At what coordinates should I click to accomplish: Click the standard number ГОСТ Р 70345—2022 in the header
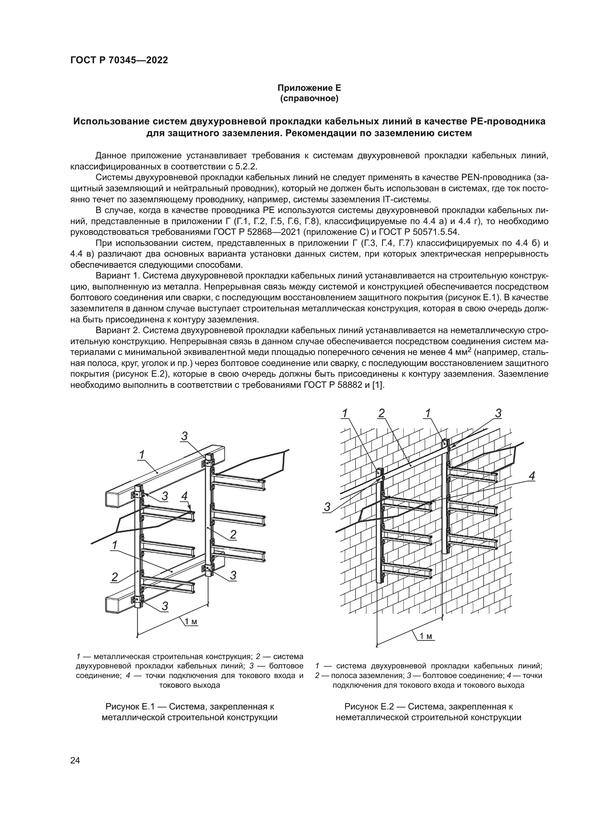click(119, 60)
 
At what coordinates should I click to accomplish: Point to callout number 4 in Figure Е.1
click(184, 496)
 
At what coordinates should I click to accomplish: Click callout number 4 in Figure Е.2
click(532, 475)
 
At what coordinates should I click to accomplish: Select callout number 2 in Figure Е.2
click(381, 413)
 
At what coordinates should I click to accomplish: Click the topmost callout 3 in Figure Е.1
click(184, 436)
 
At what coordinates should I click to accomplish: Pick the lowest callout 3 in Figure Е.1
click(165, 606)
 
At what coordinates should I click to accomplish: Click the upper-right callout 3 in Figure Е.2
click(498, 414)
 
